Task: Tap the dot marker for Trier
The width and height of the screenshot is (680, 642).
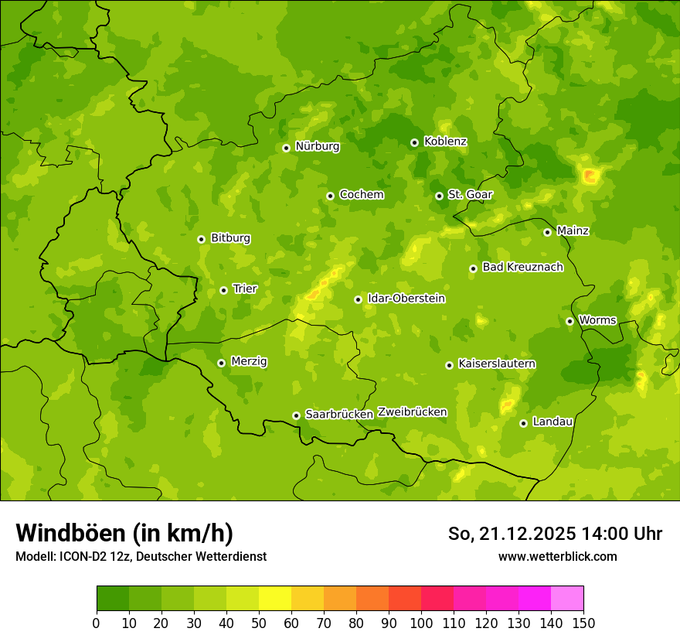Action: point(224,290)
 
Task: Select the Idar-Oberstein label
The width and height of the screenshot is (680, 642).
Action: point(406,299)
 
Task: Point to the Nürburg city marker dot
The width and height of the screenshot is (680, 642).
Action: point(286,148)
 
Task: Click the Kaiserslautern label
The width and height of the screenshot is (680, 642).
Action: point(497,364)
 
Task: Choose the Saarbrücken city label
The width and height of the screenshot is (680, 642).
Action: point(339,415)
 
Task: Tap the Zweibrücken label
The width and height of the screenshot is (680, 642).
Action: point(412,412)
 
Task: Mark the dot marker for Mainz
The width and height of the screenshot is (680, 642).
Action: point(547,232)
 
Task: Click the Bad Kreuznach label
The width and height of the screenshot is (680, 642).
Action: point(522,268)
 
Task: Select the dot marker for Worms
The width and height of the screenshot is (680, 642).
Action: point(569,321)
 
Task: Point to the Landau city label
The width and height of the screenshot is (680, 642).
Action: point(552,422)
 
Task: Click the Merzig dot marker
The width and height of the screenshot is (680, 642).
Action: point(221,363)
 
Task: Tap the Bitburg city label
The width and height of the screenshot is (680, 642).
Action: point(230,238)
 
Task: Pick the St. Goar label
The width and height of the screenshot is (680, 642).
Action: point(470,195)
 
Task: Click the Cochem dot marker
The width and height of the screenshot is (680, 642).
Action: point(330,196)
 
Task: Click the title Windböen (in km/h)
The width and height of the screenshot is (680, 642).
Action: point(124,534)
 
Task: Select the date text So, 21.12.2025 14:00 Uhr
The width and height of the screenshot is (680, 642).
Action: point(555,534)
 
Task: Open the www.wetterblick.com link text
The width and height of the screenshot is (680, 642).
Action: point(557,556)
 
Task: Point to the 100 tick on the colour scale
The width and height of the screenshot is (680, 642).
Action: point(421,623)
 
